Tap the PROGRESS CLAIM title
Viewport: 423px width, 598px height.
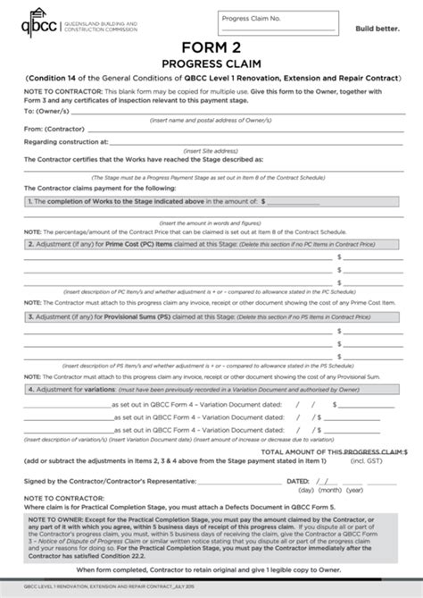pyautogui.click(x=211, y=64)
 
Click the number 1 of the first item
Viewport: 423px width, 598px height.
pyautogui.click(x=31, y=203)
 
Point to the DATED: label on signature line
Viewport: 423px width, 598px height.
pyautogui.click(x=297, y=480)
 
